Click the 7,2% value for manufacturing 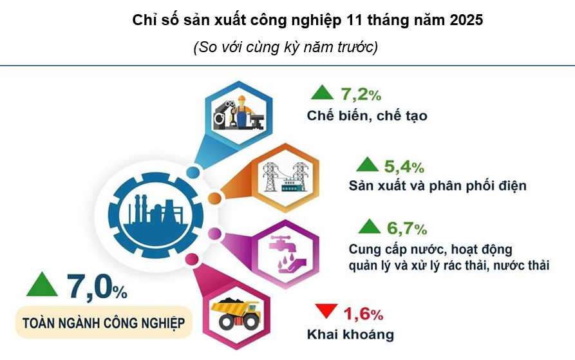pyautogui.click(x=361, y=95)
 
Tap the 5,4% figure pyautogui.click(x=404, y=167)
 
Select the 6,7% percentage pyautogui.click(x=406, y=228)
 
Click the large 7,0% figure pyautogui.click(x=96, y=286)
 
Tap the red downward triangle pyautogui.click(x=325, y=312)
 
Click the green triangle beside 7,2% pyautogui.click(x=322, y=93)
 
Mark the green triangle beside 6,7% pyautogui.click(x=370, y=226)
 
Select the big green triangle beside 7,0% pyautogui.click(x=40, y=285)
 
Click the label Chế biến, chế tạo pyautogui.click(x=367, y=116)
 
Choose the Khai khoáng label pyautogui.click(x=350, y=335)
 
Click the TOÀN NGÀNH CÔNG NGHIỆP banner pyautogui.click(x=104, y=322)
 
